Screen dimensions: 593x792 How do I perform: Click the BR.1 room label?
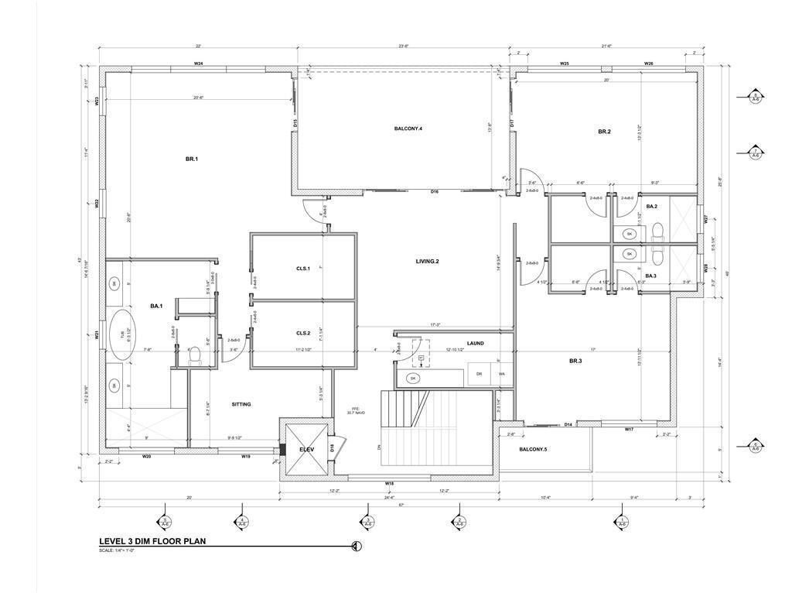(x=192, y=159)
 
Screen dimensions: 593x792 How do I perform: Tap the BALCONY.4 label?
(x=408, y=128)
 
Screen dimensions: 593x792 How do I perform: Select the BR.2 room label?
(x=604, y=132)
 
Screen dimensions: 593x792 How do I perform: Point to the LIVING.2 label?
(x=427, y=262)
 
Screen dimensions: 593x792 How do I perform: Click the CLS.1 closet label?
(x=302, y=269)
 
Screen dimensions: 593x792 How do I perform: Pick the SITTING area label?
(x=241, y=404)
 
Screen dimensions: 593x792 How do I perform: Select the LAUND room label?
(x=475, y=343)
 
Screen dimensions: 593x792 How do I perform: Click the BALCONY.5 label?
(x=533, y=449)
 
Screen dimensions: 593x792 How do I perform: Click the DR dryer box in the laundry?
(x=479, y=375)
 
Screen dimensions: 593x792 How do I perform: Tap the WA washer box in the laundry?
(x=501, y=375)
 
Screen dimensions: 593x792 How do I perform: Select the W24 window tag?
(x=199, y=63)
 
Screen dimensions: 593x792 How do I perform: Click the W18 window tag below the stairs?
(x=390, y=483)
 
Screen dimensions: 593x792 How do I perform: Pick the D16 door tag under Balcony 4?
(x=435, y=192)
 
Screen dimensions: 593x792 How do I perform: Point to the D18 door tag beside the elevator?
(x=332, y=447)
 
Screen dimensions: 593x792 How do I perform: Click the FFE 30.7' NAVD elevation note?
(x=356, y=410)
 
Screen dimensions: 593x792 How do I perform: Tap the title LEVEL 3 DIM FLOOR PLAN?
(x=152, y=542)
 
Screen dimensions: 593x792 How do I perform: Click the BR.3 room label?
(x=575, y=362)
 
